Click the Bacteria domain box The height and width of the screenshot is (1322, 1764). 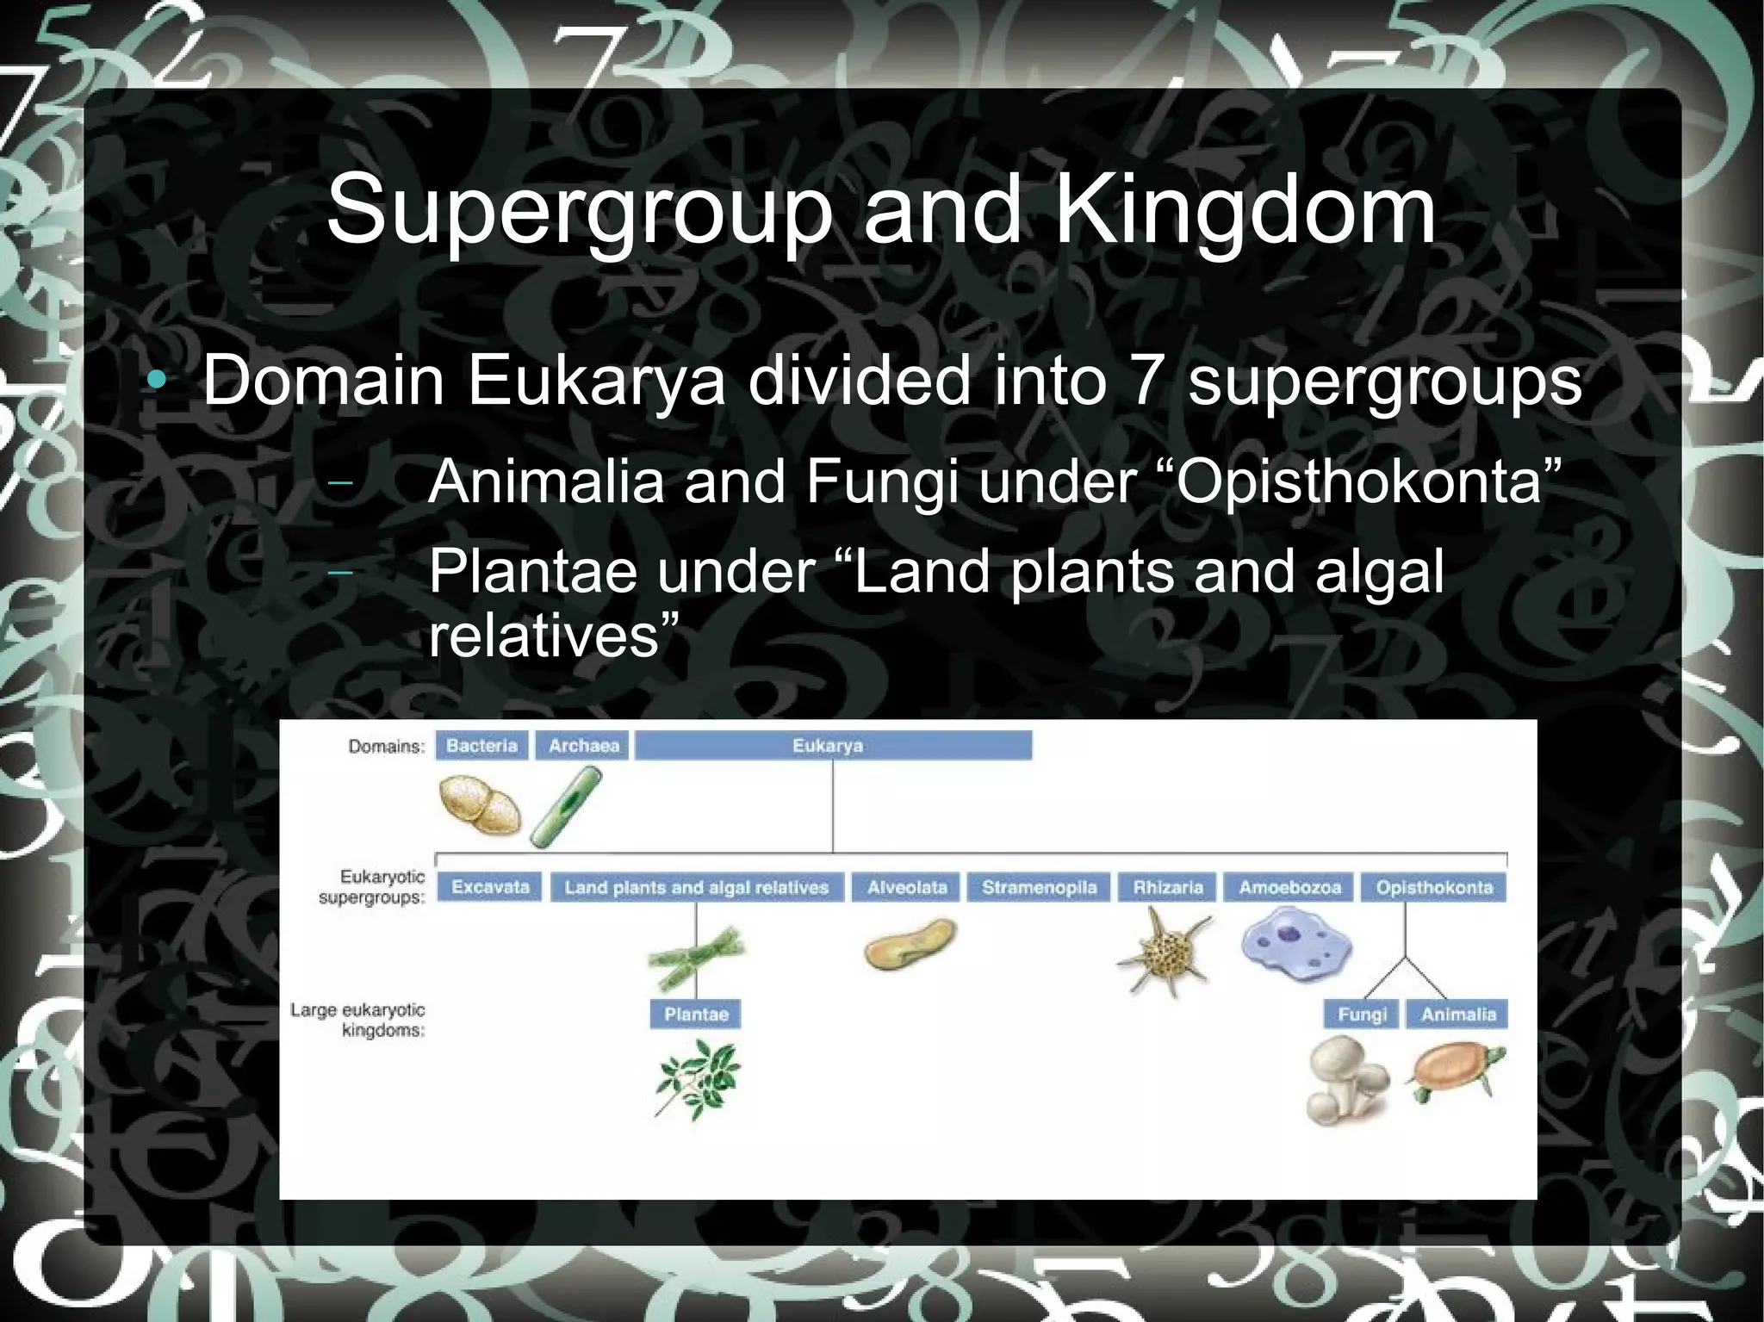[x=481, y=746]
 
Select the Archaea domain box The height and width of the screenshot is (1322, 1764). [x=583, y=746]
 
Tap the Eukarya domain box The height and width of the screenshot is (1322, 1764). [x=832, y=746]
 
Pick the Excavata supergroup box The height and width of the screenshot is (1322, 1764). [x=489, y=887]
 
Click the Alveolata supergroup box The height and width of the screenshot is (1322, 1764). [x=906, y=887]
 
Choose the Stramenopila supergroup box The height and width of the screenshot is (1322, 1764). [x=1039, y=887]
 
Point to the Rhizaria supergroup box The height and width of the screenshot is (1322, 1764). [x=1168, y=887]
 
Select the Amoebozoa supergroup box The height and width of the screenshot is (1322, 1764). [x=1289, y=887]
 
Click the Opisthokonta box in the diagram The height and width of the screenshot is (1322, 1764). [x=1434, y=887]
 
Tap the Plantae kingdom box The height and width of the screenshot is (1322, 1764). [x=696, y=1015]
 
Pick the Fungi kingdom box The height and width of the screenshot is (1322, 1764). [x=1362, y=1015]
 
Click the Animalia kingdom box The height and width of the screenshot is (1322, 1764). [x=1458, y=1015]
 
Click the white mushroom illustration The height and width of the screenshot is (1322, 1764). [x=1346, y=1080]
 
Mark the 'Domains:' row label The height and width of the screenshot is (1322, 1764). [x=387, y=747]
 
